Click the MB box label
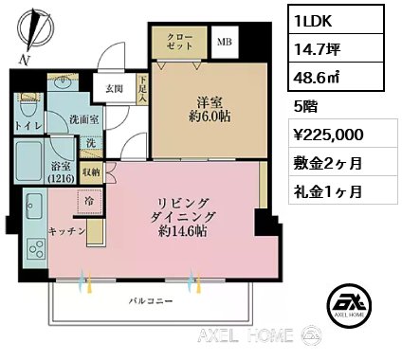point(225,43)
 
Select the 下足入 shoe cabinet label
point(142,90)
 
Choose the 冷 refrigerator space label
point(87,201)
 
